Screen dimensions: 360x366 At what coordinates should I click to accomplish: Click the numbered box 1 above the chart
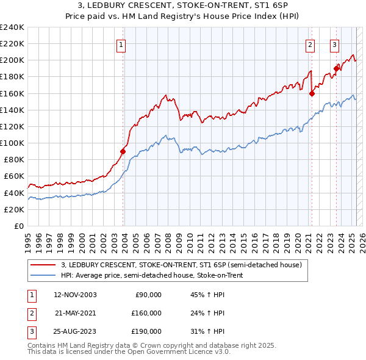[121, 45]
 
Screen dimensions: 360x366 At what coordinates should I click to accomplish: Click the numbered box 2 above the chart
[310, 45]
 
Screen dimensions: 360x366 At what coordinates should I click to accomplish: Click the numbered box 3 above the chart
[335, 45]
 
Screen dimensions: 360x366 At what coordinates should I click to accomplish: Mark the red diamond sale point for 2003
[123, 151]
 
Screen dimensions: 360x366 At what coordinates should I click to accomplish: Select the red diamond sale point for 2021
[312, 93]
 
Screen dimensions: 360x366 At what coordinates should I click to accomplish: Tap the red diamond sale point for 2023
[336, 68]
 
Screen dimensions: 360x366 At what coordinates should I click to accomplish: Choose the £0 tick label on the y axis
[18, 226]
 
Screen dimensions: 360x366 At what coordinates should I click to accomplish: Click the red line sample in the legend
[43, 265]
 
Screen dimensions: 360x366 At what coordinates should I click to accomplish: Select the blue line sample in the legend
[43, 275]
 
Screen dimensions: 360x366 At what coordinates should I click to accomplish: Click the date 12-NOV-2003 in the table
[75, 295]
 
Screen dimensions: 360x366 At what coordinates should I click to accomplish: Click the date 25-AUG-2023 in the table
[75, 331]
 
